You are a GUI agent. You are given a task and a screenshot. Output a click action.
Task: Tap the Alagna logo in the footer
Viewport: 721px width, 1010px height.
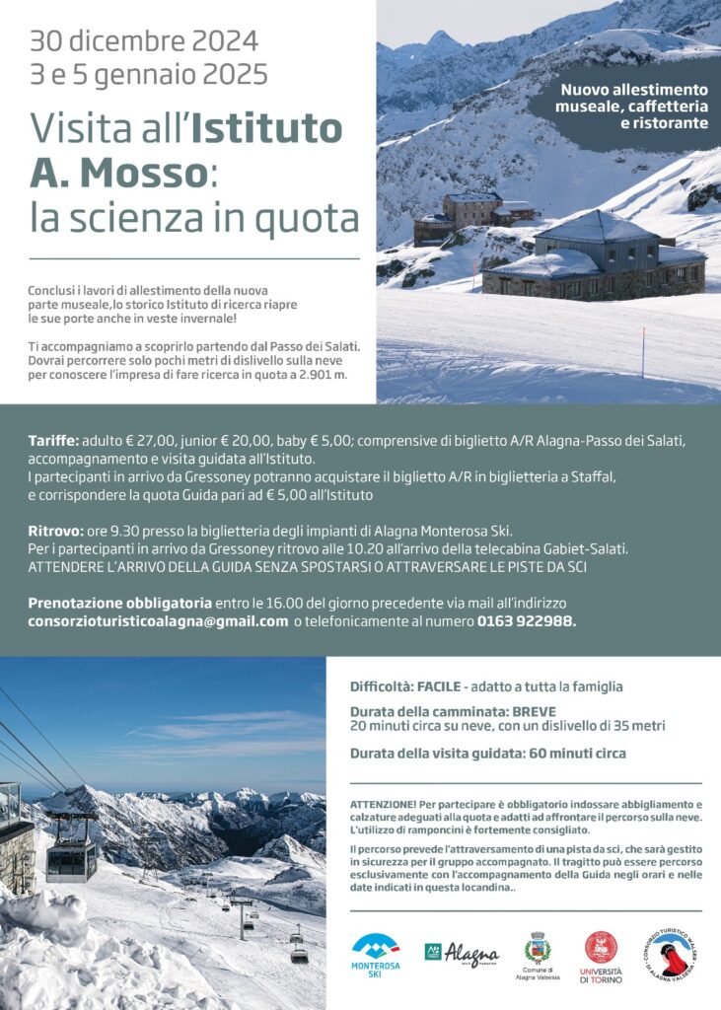pyautogui.click(x=462, y=954)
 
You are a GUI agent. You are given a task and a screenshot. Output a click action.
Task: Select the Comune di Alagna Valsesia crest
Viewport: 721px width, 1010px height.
pyautogui.click(x=538, y=950)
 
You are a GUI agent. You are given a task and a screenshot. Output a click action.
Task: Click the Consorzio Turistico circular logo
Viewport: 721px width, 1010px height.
pyautogui.click(x=673, y=955)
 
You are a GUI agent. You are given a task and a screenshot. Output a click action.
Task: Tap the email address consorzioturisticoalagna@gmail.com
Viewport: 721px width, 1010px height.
pyautogui.click(x=158, y=621)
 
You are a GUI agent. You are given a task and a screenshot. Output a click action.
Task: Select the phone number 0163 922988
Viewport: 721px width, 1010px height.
pyautogui.click(x=526, y=621)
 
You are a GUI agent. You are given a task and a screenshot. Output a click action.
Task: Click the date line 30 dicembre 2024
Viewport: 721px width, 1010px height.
pyautogui.click(x=144, y=41)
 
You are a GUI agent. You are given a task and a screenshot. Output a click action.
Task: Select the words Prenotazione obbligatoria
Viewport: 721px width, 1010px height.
pyautogui.click(x=119, y=602)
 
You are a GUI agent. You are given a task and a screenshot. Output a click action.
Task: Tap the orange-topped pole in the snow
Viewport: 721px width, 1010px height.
pyautogui.click(x=643, y=352)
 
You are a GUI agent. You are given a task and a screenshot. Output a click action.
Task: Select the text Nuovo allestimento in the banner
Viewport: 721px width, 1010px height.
pyautogui.click(x=634, y=90)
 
